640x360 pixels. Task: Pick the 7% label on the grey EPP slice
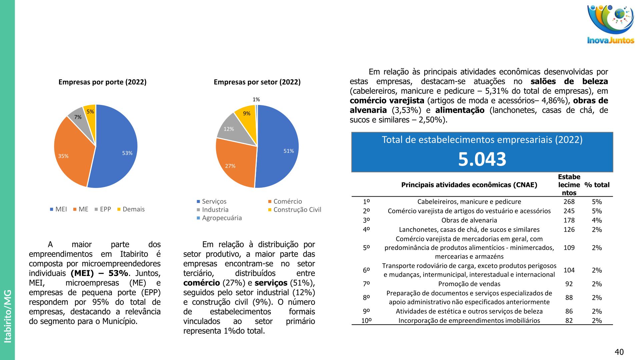point(78,117)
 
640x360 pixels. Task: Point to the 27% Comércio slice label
point(230,166)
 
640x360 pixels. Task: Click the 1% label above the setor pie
point(256,99)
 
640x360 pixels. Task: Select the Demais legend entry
point(133,209)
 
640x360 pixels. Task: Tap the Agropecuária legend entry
point(222,218)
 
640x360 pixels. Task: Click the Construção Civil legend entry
point(297,210)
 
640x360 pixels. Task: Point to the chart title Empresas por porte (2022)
point(102,82)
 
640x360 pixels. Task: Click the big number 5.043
point(482,159)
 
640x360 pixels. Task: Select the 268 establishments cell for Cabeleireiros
point(569,202)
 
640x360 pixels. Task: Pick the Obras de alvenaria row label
point(469,220)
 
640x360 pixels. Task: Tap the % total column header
point(597,185)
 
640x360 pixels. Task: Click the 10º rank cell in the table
point(366,321)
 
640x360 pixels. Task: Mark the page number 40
point(619,352)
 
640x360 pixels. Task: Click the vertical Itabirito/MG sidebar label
point(8,316)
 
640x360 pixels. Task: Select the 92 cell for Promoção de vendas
point(569,284)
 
